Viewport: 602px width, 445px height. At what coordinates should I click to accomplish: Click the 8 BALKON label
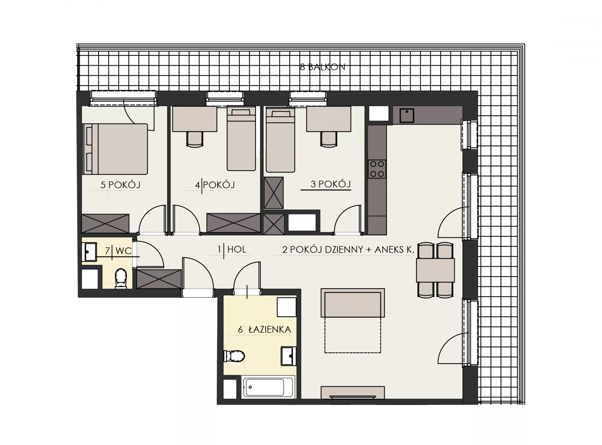[322, 67]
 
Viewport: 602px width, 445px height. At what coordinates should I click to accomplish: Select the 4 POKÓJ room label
[215, 185]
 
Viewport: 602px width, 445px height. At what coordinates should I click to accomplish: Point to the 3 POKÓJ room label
[330, 184]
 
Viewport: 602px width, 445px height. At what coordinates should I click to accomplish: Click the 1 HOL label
[232, 249]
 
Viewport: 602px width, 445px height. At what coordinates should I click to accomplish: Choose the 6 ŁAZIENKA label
[265, 330]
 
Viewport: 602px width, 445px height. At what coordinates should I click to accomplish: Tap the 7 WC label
[119, 251]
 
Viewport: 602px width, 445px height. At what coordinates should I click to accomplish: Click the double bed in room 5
[115, 149]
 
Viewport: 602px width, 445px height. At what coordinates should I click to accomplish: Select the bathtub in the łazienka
[268, 387]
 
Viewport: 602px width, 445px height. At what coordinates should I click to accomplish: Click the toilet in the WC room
[121, 278]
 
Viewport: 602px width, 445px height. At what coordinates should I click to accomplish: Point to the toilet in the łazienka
[234, 356]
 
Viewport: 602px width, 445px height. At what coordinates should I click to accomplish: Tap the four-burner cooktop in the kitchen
[377, 169]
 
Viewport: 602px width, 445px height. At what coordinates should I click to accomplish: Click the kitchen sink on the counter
[407, 116]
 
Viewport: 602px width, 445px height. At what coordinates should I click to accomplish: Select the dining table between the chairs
[436, 270]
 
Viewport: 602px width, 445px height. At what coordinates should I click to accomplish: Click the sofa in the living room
[353, 303]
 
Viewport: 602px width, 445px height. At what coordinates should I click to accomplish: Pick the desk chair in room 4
[195, 139]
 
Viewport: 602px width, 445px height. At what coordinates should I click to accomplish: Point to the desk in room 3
[329, 119]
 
